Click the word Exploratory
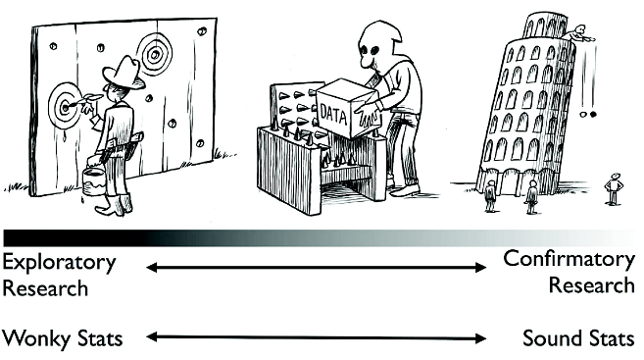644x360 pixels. pos(58,263)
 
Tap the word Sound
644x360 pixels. pos(553,339)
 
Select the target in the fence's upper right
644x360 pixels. pos(155,54)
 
